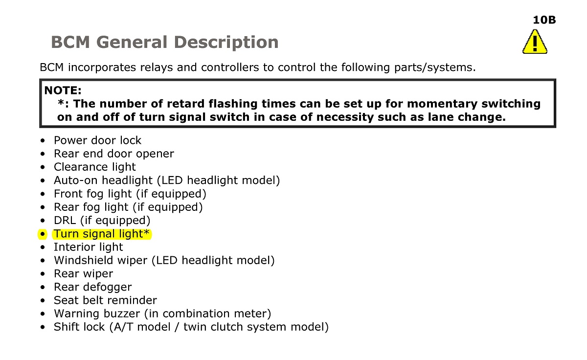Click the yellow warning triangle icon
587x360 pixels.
(x=535, y=42)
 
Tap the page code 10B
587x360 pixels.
(x=544, y=20)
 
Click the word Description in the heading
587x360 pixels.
(x=226, y=42)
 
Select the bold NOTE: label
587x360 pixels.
(x=63, y=90)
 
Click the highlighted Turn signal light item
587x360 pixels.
(x=102, y=234)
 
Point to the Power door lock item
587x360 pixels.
(x=97, y=140)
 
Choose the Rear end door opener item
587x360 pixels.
(x=113, y=154)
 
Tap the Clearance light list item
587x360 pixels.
(x=94, y=167)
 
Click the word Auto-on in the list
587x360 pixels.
(x=76, y=180)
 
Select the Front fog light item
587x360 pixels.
(x=130, y=194)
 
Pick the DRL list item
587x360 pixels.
(x=102, y=221)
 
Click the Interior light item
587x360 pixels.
(x=89, y=247)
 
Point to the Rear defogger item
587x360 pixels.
(x=93, y=287)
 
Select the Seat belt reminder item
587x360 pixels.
(x=105, y=300)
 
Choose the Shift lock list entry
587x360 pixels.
(x=191, y=327)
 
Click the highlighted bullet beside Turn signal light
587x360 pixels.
(x=43, y=234)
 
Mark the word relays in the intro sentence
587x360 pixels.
(x=157, y=67)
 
